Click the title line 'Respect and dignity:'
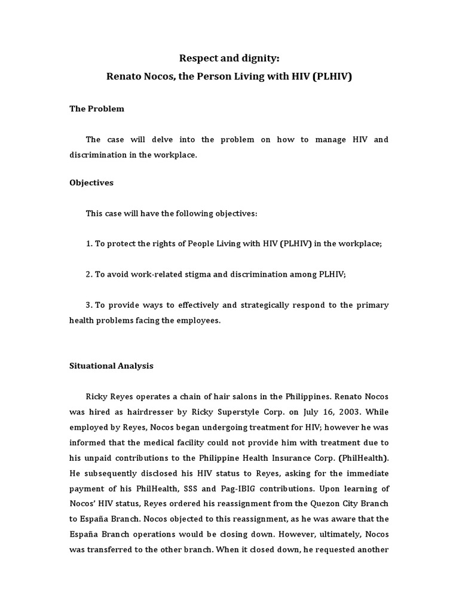pos(229,58)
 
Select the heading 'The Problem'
pos(97,109)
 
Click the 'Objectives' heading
pos(91,183)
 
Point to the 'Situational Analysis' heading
pos(112,366)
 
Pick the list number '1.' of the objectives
pos(90,243)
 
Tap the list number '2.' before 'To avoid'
pos(90,274)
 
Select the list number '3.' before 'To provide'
pos(90,305)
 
